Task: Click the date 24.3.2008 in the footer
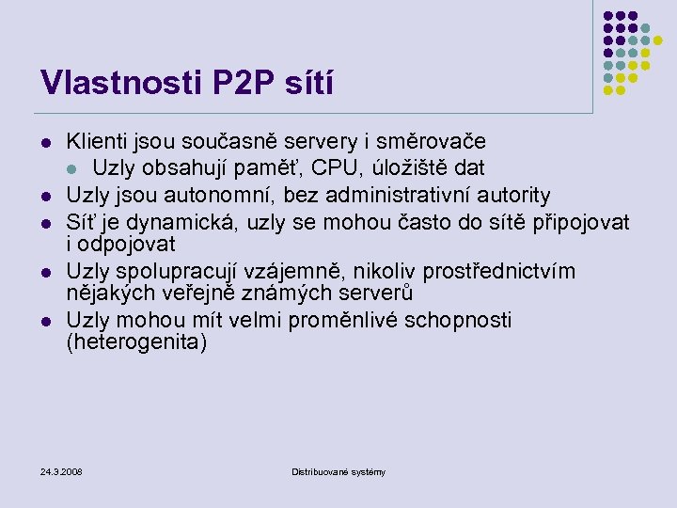click(61, 470)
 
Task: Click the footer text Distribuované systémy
click(338, 471)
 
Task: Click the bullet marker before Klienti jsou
click(44, 143)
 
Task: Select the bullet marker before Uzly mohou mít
click(44, 321)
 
